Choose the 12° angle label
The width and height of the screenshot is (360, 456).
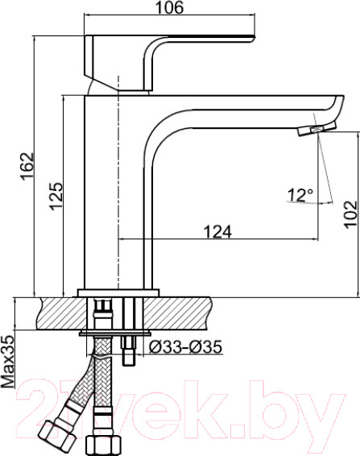pos(300,194)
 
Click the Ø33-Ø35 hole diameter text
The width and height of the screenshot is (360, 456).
pos(186,347)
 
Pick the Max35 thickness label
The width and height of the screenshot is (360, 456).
pos(7,360)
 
